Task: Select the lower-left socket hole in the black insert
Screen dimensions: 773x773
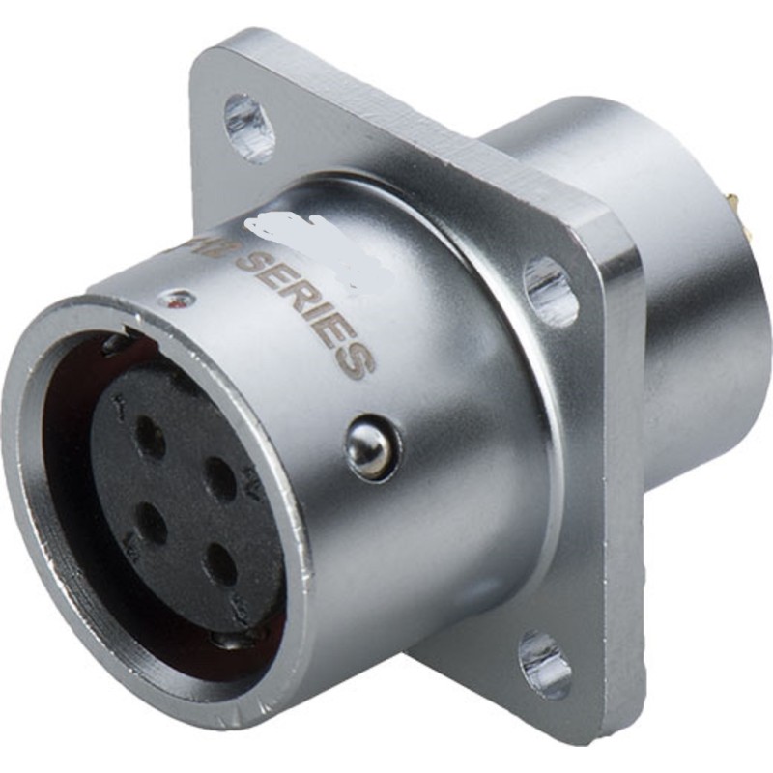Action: coord(151,523)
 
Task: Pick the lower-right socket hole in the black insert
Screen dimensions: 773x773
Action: coord(221,564)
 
